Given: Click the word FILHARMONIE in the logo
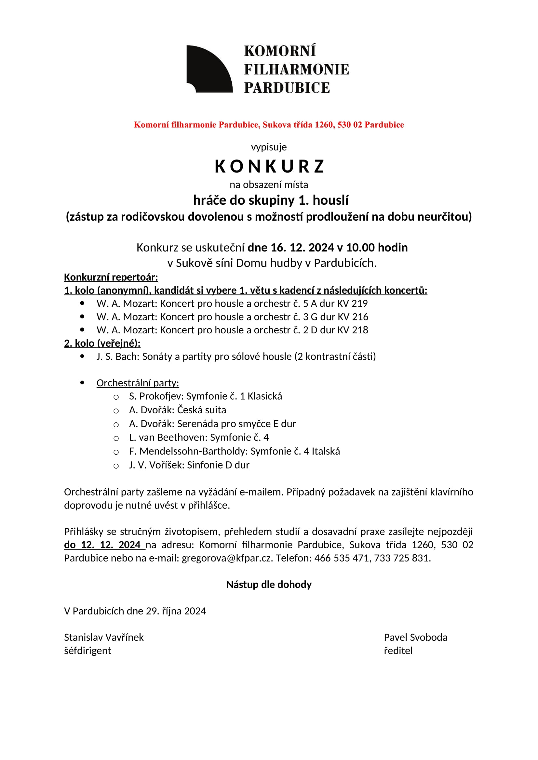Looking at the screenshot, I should pos(296,70).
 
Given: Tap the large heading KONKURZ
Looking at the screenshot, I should pos(269,166).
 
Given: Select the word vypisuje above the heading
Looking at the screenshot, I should pos(269,147).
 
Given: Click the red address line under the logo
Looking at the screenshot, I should pos(269,125).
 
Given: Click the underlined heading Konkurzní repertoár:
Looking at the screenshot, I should pos(111,277).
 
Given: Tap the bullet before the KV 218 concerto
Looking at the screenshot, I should pos(82,330).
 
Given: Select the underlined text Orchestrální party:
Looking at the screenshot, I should pos(138,383).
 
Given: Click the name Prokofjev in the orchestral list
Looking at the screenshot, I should pos(161,396).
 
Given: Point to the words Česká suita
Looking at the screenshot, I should pos(201,410).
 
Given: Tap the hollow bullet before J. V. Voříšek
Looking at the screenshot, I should pos(116,466).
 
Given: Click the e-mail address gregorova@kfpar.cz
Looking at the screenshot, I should pos(227,558).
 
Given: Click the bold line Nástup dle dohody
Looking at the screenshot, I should pos(269,585).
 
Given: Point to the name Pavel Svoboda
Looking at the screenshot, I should pos(415,638).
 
